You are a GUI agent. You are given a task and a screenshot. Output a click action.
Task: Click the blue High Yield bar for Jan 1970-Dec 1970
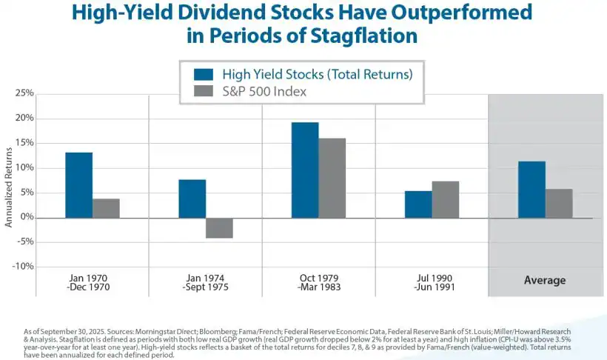coord(78,185)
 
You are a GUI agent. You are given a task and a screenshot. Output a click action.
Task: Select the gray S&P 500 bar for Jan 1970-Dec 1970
coord(106,208)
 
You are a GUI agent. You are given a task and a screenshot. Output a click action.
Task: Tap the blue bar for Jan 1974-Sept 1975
coord(192,199)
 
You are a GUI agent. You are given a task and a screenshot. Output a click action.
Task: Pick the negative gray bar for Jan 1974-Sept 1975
coord(219,228)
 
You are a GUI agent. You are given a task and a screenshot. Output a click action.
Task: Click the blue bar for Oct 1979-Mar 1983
coord(304,170)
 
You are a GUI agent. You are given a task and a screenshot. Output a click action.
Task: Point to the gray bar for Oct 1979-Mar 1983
coord(332,178)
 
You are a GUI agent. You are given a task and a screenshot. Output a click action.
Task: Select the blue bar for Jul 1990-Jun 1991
coord(417,204)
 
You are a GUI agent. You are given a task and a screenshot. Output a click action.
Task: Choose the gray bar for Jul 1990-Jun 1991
coord(445,199)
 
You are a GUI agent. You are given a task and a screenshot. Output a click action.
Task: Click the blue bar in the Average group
coord(531,190)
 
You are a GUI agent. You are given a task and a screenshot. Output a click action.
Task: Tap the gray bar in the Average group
coord(559,203)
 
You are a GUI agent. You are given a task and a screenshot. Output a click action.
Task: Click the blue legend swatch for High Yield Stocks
coord(204,74)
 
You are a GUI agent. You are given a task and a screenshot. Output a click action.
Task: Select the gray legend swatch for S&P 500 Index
coord(204,92)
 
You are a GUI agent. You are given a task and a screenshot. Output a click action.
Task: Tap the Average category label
coord(545,281)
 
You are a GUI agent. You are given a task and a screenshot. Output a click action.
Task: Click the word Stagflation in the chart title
coord(362,35)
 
